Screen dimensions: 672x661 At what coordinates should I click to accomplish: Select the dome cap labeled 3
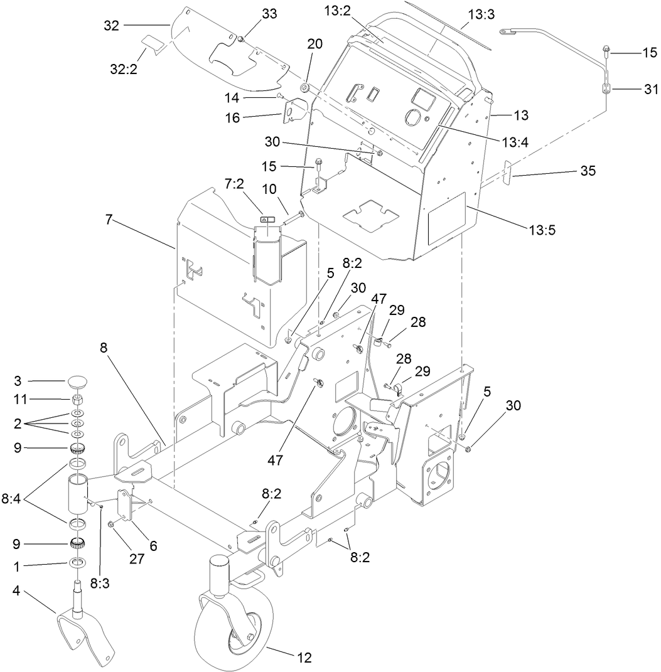click(x=78, y=381)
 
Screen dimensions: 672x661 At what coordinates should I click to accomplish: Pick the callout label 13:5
click(x=542, y=230)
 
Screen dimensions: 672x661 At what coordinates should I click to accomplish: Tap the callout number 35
click(x=588, y=170)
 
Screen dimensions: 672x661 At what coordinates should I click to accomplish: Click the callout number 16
click(x=232, y=117)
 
